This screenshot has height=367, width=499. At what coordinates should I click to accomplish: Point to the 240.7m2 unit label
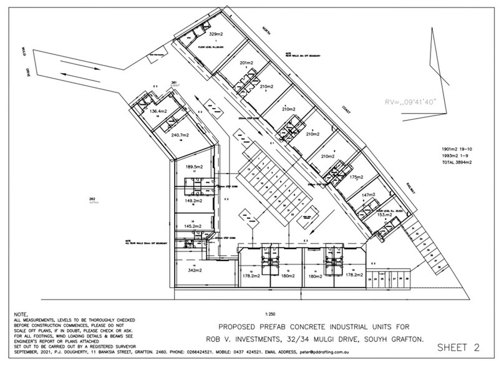point(180,134)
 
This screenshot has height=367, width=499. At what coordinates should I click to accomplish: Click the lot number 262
point(92,199)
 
